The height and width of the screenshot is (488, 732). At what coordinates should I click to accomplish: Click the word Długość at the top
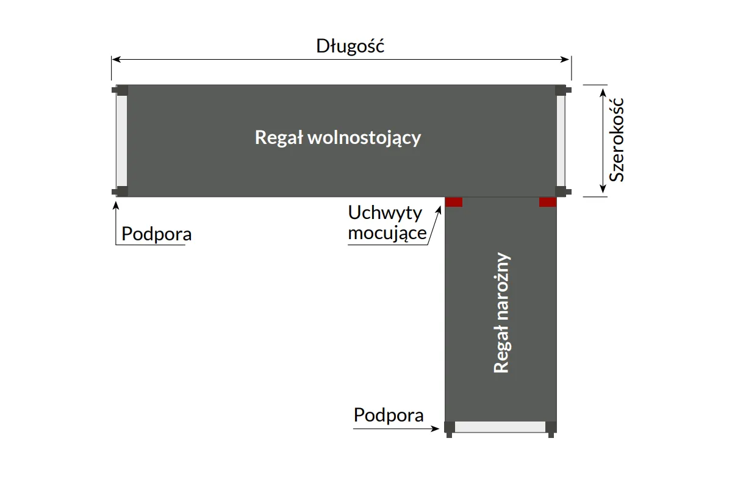point(350,46)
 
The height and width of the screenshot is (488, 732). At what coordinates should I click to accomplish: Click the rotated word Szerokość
point(617,140)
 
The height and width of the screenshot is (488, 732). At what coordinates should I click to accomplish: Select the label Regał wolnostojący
point(338,137)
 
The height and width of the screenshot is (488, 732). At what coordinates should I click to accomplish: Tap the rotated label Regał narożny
point(501,312)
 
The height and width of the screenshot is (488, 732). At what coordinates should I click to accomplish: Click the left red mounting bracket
point(454,202)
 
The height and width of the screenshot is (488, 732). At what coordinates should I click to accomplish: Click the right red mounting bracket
point(548,202)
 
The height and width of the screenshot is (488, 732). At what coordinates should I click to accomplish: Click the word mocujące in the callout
point(387,232)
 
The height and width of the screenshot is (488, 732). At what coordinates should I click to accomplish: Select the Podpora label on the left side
point(156,234)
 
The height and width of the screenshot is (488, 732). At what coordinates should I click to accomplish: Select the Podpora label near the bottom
point(389,415)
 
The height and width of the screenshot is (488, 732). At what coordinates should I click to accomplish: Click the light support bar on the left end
point(121,140)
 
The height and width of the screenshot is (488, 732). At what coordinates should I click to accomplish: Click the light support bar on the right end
point(561,140)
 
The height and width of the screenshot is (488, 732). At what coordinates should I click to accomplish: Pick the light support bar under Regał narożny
point(500,427)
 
